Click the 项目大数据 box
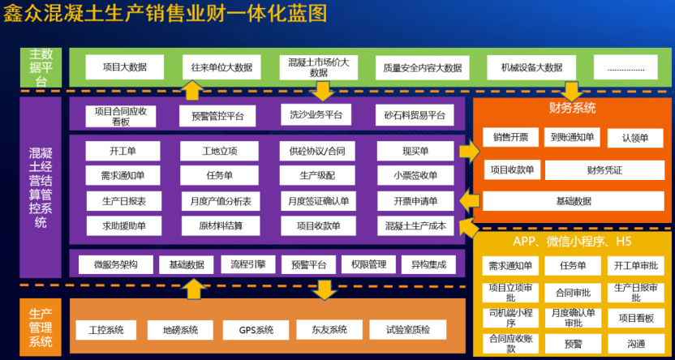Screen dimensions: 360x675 (124, 66)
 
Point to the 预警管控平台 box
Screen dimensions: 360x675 (217, 116)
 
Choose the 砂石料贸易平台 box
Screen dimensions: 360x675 (415, 116)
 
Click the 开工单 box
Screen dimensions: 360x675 (123, 151)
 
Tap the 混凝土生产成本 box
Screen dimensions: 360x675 (415, 226)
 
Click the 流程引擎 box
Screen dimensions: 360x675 (248, 264)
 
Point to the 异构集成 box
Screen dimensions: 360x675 (428, 264)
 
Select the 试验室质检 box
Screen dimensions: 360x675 (403, 330)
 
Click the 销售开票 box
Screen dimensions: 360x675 (509, 138)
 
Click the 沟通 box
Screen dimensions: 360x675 (635, 344)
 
